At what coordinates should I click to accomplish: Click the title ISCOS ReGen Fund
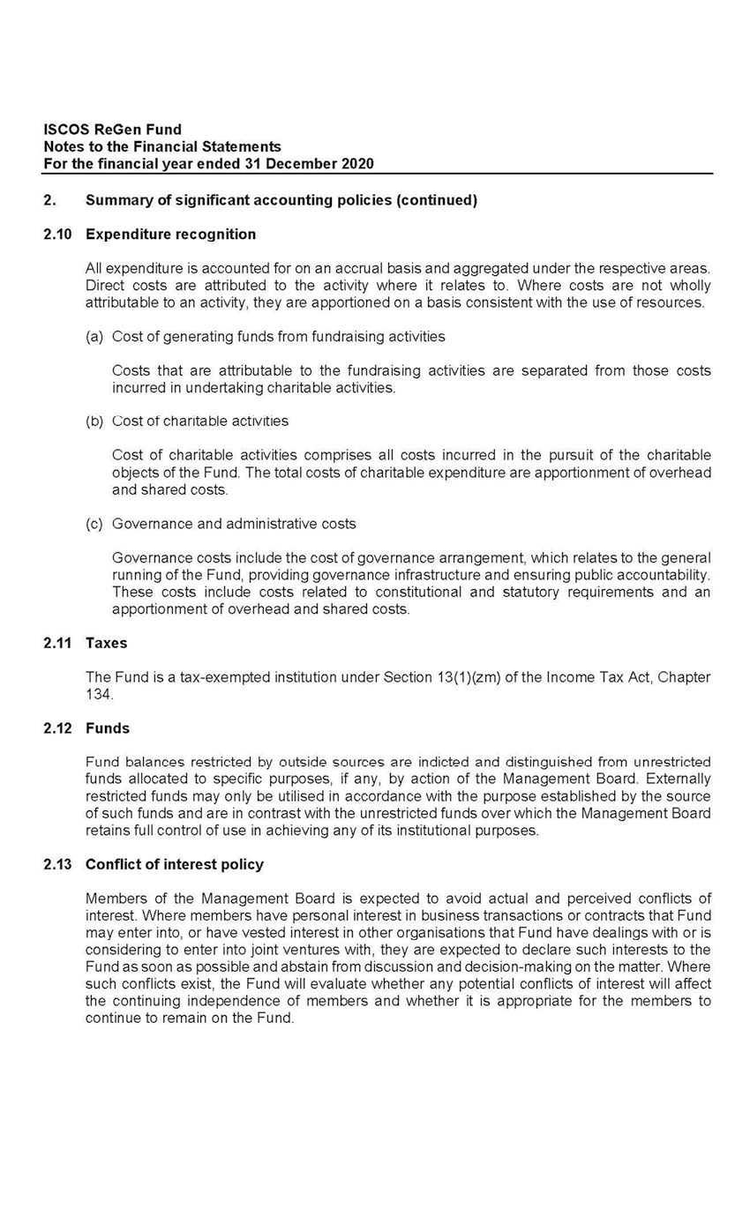[x=113, y=131]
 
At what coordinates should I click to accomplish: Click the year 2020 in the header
[x=356, y=164]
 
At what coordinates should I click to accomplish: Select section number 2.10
[x=57, y=235]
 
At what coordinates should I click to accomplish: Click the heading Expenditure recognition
[x=170, y=235]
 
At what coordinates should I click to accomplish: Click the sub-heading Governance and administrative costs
[x=234, y=524]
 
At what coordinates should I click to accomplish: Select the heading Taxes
[x=106, y=644]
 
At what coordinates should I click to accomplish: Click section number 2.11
[x=57, y=644]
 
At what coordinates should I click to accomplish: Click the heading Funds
[x=107, y=728]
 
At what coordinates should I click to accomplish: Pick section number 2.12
[x=57, y=728]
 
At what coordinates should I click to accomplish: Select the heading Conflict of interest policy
[x=174, y=865]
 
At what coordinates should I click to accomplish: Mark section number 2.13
[x=57, y=865]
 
